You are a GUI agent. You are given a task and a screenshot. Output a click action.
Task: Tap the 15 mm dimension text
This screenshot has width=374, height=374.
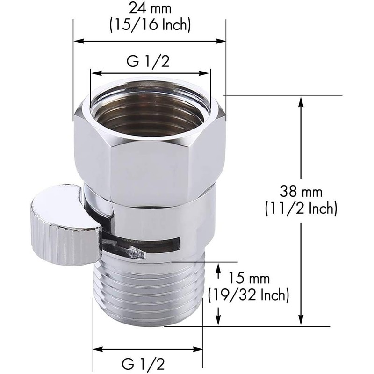248,279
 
